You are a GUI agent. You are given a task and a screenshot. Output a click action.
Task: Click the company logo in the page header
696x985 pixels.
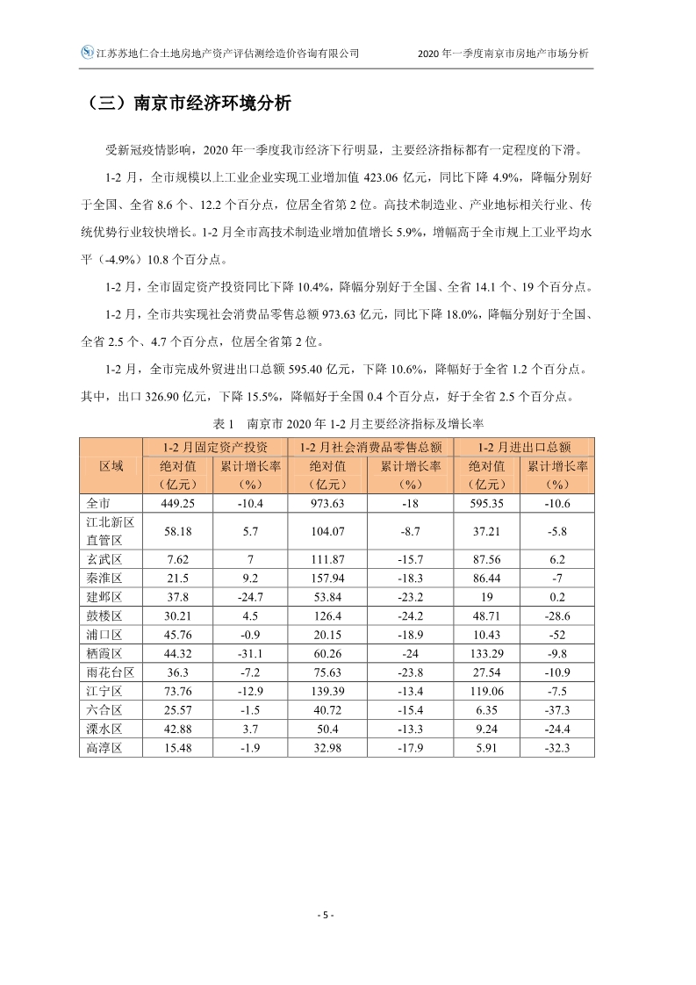pyautogui.click(x=87, y=53)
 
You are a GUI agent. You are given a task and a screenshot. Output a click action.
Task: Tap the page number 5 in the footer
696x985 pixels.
pyautogui.click(x=325, y=915)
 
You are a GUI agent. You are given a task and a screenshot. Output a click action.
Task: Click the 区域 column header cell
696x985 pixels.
pyautogui.click(x=111, y=465)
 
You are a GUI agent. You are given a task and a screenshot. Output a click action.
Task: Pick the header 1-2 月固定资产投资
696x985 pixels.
pyautogui.click(x=212, y=447)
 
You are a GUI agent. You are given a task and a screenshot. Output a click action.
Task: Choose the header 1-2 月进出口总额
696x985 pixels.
pyautogui.click(x=522, y=447)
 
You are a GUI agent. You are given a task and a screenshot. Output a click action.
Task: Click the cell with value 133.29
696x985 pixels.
pyautogui.click(x=487, y=653)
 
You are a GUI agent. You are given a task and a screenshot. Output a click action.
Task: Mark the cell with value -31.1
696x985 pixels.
pyautogui.click(x=250, y=653)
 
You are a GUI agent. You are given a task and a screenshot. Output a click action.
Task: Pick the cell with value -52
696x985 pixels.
pyautogui.click(x=557, y=634)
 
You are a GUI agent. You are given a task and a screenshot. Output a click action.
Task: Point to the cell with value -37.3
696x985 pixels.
pyautogui.click(x=557, y=709)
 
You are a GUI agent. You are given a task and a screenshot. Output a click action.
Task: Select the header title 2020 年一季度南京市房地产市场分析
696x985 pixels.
pyautogui.click(x=505, y=53)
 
